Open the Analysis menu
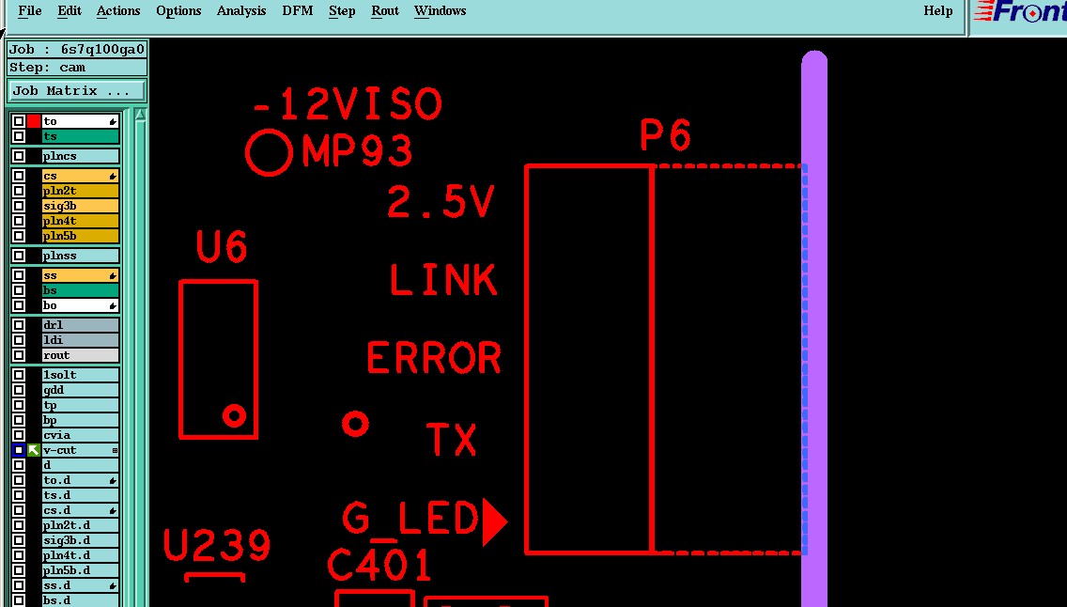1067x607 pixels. pos(241,11)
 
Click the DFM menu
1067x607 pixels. pos(298,11)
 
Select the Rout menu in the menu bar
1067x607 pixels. pos(385,11)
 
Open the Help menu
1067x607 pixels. pos(937,11)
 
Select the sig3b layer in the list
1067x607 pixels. pos(80,206)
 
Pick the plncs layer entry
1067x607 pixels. pos(80,156)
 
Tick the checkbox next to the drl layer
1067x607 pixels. pos(19,325)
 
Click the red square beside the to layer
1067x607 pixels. pos(34,121)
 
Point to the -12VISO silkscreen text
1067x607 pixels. pos(348,104)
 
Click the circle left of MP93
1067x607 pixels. pos(270,152)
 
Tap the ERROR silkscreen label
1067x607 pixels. pos(434,359)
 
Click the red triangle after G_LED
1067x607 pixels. pos(493,521)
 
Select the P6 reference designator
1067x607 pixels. pos(666,136)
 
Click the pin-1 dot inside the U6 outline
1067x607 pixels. pos(234,414)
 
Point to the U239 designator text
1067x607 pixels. pos(217,546)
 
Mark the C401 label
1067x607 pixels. pos(379,566)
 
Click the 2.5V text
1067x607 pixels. pos(441,202)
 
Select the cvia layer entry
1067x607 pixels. pos(80,435)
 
